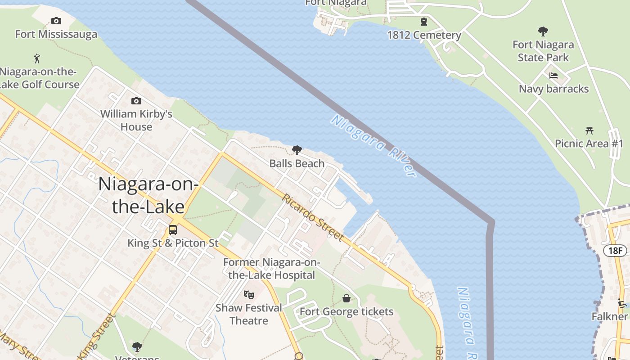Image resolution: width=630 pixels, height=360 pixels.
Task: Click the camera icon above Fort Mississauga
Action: (56, 21)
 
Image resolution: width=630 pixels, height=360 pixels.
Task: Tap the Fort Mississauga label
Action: (56, 34)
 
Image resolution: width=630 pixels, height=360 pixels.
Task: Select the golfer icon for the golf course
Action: (37, 58)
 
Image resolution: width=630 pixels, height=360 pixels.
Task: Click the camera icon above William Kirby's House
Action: (136, 101)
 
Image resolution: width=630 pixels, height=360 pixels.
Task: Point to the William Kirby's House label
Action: (136, 120)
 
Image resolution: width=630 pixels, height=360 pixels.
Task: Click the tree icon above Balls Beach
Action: (297, 150)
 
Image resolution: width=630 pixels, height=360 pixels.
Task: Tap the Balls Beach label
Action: (297, 163)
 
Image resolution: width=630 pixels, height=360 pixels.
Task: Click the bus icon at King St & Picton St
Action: (173, 230)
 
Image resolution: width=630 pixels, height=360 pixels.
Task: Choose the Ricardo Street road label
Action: (313, 217)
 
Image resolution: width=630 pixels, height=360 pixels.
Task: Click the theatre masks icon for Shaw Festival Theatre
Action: (249, 295)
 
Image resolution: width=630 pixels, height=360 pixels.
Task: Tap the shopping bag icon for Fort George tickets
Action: (346, 298)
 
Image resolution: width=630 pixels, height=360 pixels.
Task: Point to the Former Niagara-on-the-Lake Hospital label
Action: (271, 269)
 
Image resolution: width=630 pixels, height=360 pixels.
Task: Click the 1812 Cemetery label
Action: (424, 35)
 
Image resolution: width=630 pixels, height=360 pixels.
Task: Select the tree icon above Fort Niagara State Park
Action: (543, 31)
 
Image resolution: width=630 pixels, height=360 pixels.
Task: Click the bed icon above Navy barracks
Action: (553, 76)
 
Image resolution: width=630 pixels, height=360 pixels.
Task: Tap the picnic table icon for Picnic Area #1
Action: (589, 130)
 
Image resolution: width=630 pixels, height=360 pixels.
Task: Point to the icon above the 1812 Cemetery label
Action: (424, 22)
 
